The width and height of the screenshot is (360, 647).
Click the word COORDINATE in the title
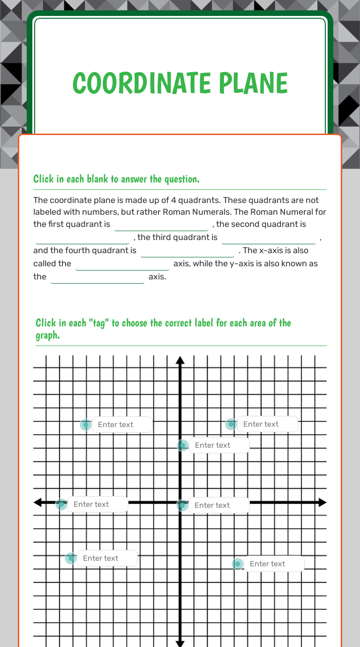tap(135, 83)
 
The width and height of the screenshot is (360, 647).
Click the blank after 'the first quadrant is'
tap(161, 225)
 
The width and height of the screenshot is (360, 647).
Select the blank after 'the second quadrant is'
tap(82, 238)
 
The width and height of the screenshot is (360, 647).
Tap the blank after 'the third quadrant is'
tap(269, 238)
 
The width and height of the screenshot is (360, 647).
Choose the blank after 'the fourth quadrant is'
tap(187, 251)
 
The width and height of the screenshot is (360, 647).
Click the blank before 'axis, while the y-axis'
tap(122, 264)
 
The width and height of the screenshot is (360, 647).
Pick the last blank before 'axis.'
tap(97, 277)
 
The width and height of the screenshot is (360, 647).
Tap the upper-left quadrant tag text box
tap(122, 425)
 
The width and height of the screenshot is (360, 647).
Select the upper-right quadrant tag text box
tap(267, 424)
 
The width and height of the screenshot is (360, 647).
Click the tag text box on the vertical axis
tap(219, 445)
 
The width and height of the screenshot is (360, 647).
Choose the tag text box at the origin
tap(219, 505)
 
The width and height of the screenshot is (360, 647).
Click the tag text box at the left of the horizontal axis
tap(97, 504)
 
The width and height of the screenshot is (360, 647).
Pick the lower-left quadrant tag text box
tap(107, 558)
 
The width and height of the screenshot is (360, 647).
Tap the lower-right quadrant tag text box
tap(274, 564)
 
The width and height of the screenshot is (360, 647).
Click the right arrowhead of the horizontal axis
tap(322, 503)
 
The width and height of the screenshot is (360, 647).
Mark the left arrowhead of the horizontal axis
tap(37, 503)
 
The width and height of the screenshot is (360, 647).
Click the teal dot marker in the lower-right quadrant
tap(238, 564)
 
